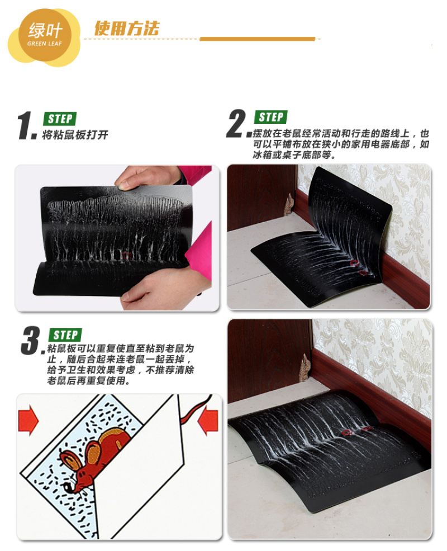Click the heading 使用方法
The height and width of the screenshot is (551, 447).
pyautogui.click(x=127, y=28)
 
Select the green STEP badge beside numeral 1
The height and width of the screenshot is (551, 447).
pyautogui.click(x=59, y=119)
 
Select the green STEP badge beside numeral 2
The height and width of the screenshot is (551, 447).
pyautogui.click(x=270, y=117)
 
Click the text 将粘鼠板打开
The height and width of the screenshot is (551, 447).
pyautogui.click(x=75, y=135)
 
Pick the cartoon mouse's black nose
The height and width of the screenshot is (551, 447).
pyautogui.click(x=66, y=487)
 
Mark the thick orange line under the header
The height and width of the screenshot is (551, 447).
pyautogui.click(x=257, y=39)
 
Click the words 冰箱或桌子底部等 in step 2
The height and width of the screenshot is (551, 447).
pyautogui.click(x=292, y=155)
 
